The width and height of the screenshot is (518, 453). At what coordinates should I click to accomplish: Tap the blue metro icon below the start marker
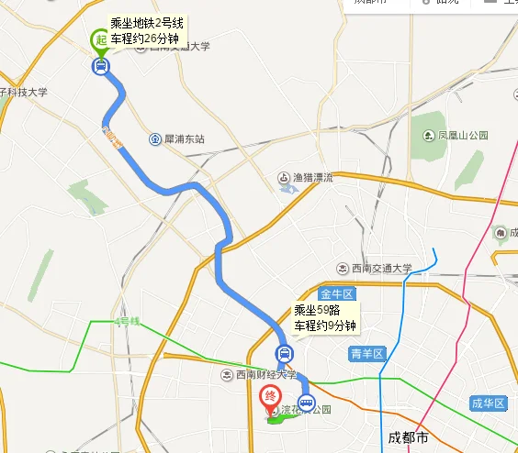[x=100, y=65]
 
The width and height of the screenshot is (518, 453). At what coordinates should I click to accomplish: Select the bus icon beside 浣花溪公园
[x=306, y=403]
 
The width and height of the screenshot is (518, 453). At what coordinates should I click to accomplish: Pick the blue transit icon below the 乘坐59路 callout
[x=285, y=354]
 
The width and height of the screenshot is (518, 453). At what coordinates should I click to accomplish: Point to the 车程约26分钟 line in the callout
[x=147, y=39]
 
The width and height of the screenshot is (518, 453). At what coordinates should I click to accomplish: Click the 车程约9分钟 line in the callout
[x=324, y=326]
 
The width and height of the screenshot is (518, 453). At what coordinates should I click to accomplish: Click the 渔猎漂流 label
[x=312, y=178]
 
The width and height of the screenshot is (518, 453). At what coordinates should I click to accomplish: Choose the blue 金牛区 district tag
[x=336, y=294]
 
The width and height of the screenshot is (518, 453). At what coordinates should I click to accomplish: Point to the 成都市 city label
[x=409, y=436]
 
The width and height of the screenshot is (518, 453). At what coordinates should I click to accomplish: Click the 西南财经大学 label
[x=265, y=374]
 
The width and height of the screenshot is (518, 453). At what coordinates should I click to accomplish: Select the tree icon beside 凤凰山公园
[x=429, y=136]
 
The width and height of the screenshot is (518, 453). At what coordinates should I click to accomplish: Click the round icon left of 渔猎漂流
[x=285, y=178]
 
